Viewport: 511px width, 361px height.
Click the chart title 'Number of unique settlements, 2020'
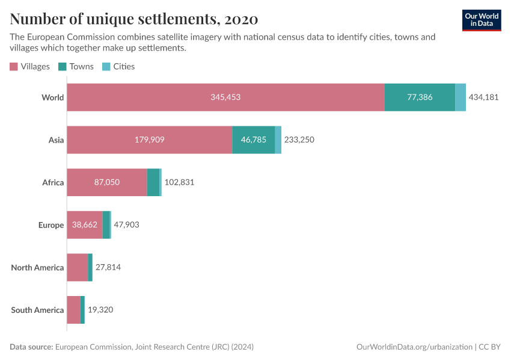click(x=134, y=19)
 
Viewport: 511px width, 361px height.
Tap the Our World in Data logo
click(x=481, y=20)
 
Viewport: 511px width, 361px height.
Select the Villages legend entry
click(x=30, y=66)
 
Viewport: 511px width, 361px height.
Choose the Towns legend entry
click(x=76, y=66)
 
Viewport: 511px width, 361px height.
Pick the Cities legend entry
click(x=118, y=66)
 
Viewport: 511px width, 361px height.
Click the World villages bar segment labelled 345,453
click(x=225, y=97)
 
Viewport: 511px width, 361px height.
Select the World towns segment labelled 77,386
click(x=420, y=97)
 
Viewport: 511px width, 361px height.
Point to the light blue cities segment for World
click(x=461, y=97)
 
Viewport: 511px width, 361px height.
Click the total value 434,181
click(x=484, y=97)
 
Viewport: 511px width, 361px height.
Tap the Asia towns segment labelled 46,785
click(x=253, y=140)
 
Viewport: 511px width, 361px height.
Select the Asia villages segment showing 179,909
click(x=149, y=140)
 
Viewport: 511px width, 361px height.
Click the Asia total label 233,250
click(x=299, y=140)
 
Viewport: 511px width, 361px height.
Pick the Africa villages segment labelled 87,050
click(x=106, y=182)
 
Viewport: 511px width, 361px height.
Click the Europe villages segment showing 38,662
click(x=84, y=224)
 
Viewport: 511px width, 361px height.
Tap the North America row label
click(x=37, y=267)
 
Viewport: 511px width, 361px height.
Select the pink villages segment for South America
click(x=73, y=310)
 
